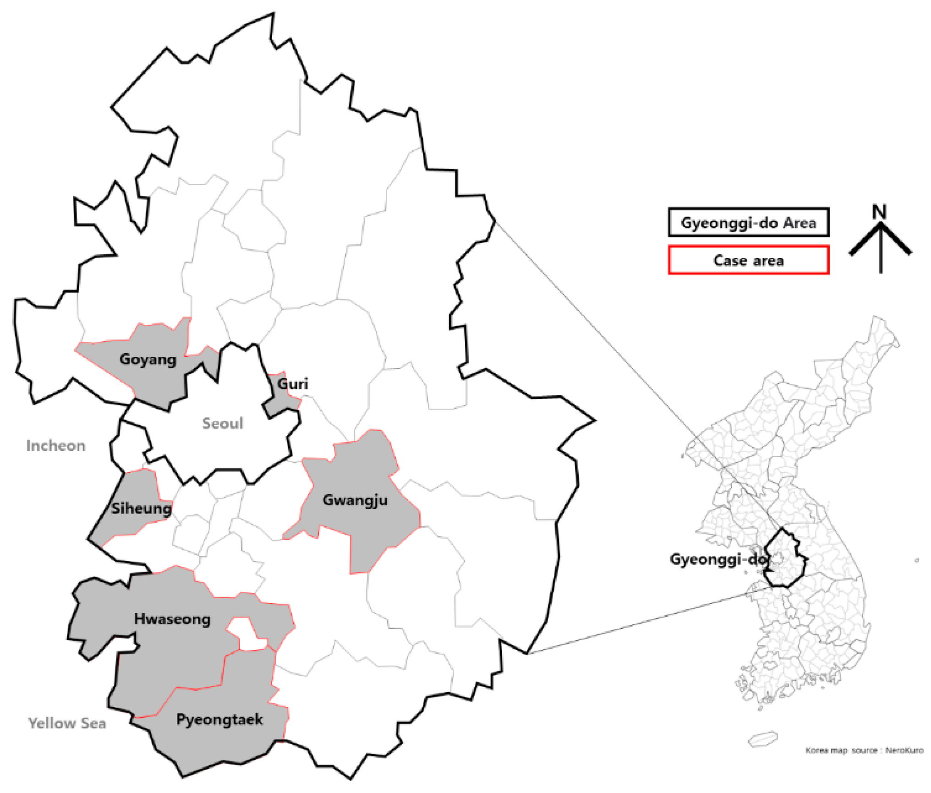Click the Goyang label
coord(148,360)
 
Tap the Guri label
coord(293,383)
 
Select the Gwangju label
coord(355,500)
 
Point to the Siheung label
coord(142,508)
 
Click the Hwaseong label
coord(172,619)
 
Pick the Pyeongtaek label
coord(219,720)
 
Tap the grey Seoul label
coord(223,423)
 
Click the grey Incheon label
coord(56,445)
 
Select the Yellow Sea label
coord(67,723)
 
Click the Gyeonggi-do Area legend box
coord(748,223)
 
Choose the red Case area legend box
coord(748,260)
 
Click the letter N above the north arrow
coord(879,212)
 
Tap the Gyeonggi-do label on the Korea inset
coord(717,559)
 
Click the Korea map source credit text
coord(864,750)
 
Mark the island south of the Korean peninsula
coord(763,738)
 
